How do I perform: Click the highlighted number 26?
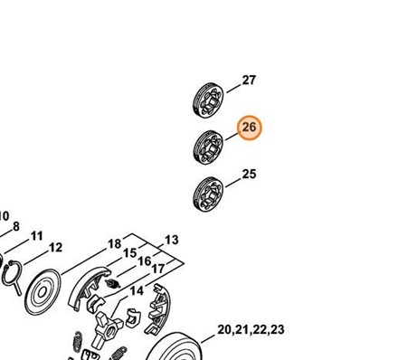(249, 128)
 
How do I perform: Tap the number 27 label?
(249, 81)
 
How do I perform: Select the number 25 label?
(249, 174)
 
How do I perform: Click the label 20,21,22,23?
(251, 330)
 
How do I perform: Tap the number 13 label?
(171, 241)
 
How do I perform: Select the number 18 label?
(115, 243)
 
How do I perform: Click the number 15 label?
(130, 252)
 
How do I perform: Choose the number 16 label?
(144, 261)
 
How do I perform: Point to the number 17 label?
(157, 269)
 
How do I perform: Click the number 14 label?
(137, 291)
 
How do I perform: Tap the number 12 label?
(55, 247)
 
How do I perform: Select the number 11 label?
(36, 236)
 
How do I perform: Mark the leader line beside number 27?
(229, 88)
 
